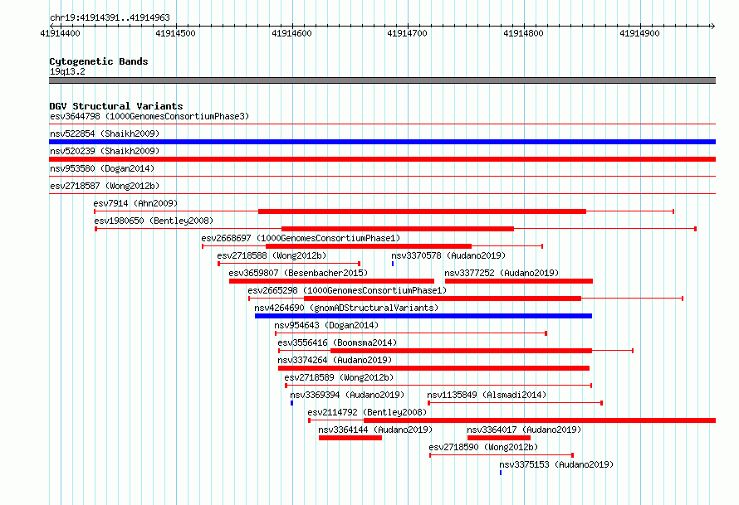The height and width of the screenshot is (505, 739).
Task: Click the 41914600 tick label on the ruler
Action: (291, 33)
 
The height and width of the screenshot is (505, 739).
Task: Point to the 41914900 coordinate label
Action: (639, 33)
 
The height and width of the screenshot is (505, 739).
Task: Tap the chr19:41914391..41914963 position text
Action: (110, 18)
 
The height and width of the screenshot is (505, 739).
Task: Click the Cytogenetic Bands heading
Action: (99, 61)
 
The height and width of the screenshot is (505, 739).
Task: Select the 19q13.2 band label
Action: (67, 71)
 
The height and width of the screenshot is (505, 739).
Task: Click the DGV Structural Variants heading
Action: (116, 106)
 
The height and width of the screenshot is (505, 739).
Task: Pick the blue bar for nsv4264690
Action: (423, 316)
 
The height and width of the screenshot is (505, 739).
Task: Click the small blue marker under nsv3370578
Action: (393, 264)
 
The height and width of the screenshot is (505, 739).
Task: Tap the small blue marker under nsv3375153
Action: (501, 473)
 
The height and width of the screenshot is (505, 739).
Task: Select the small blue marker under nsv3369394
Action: (291, 403)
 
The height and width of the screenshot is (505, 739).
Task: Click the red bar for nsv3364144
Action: (350, 438)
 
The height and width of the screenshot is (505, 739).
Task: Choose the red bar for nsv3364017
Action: (499, 438)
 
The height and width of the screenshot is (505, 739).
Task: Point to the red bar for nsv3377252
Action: (519, 281)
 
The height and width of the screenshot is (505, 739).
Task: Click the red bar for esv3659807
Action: (331, 281)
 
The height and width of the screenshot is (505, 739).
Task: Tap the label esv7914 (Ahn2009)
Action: (135, 203)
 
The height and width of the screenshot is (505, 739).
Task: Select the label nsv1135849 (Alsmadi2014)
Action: (487, 395)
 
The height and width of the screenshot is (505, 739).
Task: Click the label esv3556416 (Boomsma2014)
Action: (337, 342)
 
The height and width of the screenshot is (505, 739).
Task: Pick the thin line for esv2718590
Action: (502, 455)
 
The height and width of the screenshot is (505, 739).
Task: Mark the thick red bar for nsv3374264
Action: (433, 368)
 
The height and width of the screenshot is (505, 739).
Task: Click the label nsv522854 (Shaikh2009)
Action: (105, 134)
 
